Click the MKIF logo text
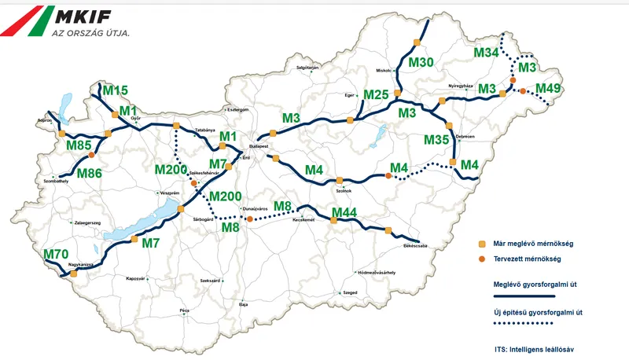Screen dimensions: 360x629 point(93,16)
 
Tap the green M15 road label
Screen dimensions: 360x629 point(116,90)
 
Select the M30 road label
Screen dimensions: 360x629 point(421,62)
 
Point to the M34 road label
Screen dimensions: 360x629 point(487,53)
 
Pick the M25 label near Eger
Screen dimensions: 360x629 point(377,95)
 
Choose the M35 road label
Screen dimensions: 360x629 point(436,140)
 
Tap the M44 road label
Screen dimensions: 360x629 point(344,212)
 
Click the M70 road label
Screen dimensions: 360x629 point(56,254)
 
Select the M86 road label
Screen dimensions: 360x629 point(89,173)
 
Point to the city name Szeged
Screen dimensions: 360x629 point(350,293)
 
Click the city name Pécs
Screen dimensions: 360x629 point(184,311)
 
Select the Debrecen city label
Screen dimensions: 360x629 point(463,137)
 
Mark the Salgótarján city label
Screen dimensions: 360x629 point(307,68)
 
